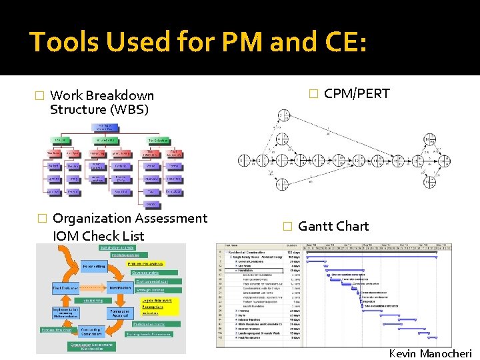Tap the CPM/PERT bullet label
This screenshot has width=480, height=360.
point(357,93)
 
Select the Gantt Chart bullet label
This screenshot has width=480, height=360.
point(333,226)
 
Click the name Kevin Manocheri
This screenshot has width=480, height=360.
point(431,353)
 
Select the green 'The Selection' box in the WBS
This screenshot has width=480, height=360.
point(159,140)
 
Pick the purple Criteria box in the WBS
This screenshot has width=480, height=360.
point(121,166)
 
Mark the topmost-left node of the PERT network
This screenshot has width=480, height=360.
point(283,115)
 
